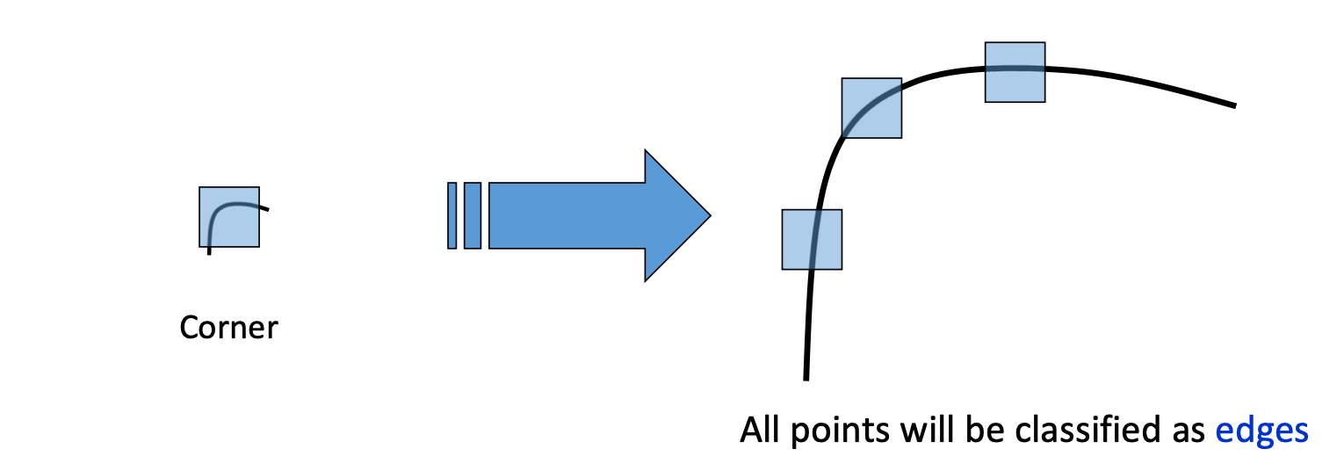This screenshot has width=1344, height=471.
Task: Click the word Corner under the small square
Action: [x=228, y=328]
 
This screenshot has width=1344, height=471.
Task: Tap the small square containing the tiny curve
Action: [x=229, y=216]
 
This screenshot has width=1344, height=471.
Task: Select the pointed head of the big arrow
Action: [x=677, y=215]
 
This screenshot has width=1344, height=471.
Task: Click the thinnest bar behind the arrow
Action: [x=452, y=215]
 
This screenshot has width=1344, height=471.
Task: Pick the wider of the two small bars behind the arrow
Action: [x=473, y=215]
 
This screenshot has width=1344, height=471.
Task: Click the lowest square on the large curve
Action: [x=812, y=239]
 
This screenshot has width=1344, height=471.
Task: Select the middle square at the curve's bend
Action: [x=871, y=108]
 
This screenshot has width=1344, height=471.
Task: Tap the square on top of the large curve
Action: [x=1015, y=72]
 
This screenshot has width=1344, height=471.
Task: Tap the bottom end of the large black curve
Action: [x=806, y=377]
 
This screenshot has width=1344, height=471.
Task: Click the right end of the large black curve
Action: [x=1232, y=105]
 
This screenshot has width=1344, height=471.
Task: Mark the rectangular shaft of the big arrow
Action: [x=567, y=215]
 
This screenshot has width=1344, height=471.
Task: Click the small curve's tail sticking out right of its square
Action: [x=264, y=208]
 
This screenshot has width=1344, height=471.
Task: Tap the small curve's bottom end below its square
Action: [x=209, y=251]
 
